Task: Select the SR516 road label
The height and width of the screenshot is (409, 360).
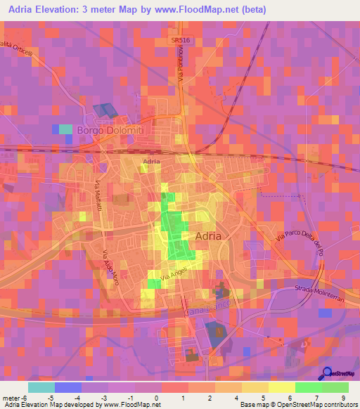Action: point(181,41)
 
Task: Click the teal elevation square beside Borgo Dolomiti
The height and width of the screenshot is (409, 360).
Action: point(65,129)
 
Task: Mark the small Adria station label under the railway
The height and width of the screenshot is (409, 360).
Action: point(151,162)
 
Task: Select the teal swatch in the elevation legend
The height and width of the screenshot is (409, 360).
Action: point(41,387)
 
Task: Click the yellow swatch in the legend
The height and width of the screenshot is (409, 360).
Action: point(255,387)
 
